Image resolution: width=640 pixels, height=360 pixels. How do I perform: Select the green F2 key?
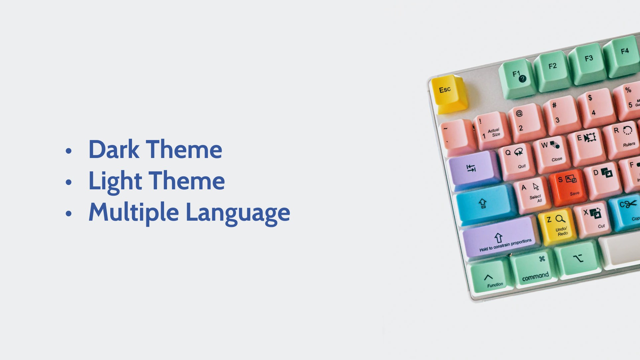pyautogui.click(x=553, y=71)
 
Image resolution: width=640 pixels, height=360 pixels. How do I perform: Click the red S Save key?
pyautogui.click(x=568, y=187)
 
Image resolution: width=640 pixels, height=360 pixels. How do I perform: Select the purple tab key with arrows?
pyautogui.click(x=473, y=168)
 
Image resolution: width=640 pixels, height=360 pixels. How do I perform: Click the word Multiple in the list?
pyautogui.click(x=134, y=213)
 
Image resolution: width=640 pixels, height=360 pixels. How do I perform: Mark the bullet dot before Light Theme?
pyautogui.click(x=69, y=182)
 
